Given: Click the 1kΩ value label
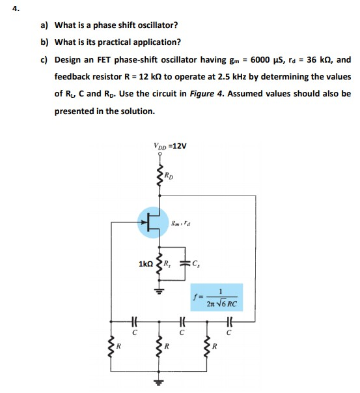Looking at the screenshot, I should tap(146, 264).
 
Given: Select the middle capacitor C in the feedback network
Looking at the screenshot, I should tap(182, 322).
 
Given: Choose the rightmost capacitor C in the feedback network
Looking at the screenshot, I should tap(229, 322).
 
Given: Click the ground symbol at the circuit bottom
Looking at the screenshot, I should tap(158, 382).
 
